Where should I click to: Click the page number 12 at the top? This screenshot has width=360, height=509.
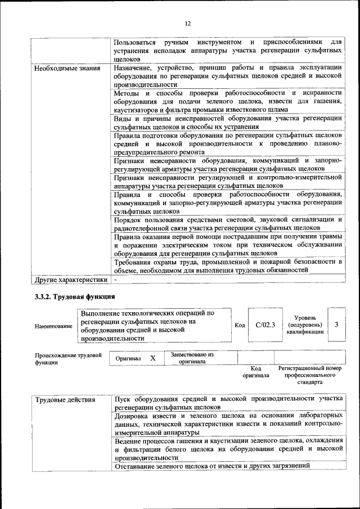click(188, 23)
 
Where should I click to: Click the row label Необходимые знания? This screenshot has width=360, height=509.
click(67, 69)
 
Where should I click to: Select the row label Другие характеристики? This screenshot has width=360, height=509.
click(70, 279)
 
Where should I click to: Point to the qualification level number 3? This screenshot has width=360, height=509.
click(336, 325)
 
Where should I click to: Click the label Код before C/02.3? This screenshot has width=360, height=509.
click(239, 325)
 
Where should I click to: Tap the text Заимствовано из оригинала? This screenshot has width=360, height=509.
click(192, 358)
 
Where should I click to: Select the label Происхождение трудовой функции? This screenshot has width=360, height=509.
click(68, 359)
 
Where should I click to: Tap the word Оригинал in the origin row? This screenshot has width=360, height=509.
click(128, 358)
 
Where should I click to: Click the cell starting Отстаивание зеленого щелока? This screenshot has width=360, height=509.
click(211, 466)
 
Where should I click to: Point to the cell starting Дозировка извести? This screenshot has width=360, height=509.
click(227, 424)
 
